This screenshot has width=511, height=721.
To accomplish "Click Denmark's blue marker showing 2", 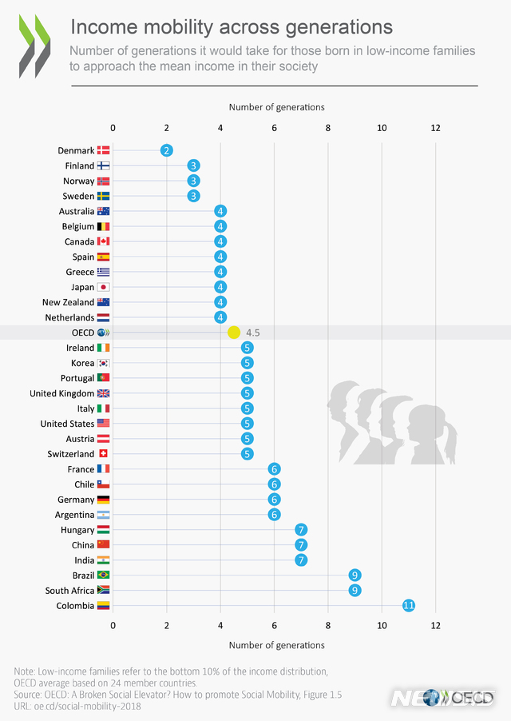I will [166, 150].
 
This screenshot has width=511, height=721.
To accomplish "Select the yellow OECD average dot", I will [234, 333].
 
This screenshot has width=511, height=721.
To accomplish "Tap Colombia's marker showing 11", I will [408, 606].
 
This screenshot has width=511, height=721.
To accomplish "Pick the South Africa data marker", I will [355, 591].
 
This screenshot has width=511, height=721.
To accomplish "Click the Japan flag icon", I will [103, 287].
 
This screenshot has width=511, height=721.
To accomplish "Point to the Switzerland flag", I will [103, 454].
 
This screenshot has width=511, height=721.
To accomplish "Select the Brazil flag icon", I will [103, 576].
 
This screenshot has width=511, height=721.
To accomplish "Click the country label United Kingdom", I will [61, 393].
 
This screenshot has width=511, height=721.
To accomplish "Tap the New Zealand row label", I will [68, 302].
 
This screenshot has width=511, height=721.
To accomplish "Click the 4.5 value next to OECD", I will [254, 333].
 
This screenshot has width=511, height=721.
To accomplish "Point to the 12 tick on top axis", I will [435, 128].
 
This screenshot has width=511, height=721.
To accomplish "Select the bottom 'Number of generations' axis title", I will [276, 645].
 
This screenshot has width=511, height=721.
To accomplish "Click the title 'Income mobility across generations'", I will [232, 27].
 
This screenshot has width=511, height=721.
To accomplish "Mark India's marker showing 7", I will [301, 560].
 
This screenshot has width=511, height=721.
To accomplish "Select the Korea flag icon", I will [103, 363].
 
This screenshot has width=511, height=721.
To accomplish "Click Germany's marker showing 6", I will [274, 500].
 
